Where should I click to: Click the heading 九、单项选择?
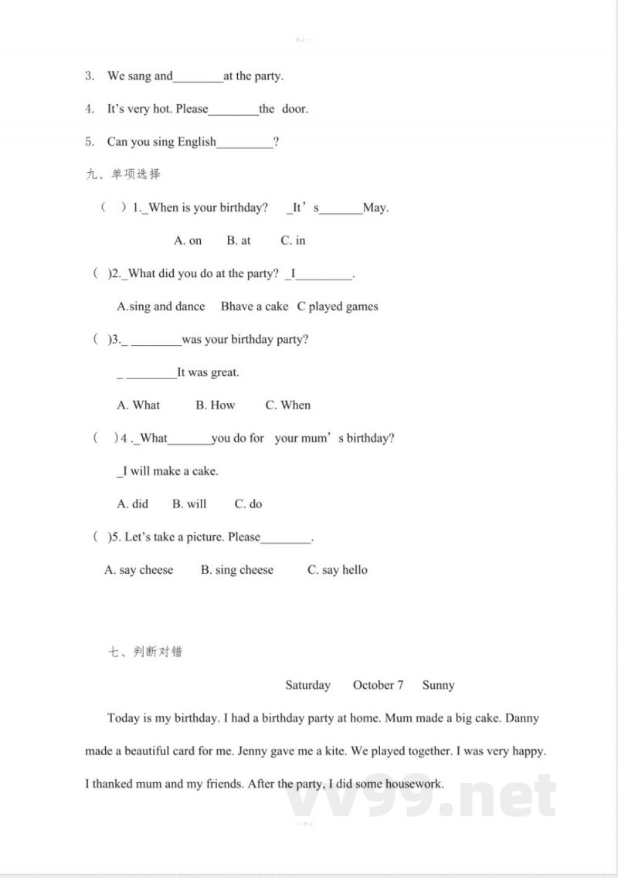pyautogui.click(x=124, y=175)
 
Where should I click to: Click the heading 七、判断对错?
pyautogui.click(x=146, y=652)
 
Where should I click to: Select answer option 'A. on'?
pyautogui.click(x=188, y=241)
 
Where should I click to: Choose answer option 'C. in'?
pyautogui.click(x=293, y=241)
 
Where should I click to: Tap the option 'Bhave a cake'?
pyautogui.click(x=254, y=307)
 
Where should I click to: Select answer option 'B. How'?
pyautogui.click(x=215, y=405)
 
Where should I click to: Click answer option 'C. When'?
pyautogui.click(x=287, y=405)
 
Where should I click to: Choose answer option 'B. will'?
pyautogui.click(x=189, y=504)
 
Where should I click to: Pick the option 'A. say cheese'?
pyautogui.click(x=139, y=571)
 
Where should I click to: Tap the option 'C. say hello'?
pyautogui.click(x=338, y=571)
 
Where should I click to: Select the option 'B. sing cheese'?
pyautogui.click(x=237, y=571)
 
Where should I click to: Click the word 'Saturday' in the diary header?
pyautogui.click(x=307, y=686)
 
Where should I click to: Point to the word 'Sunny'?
pyautogui.click(x=438, y=686)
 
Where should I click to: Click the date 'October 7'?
pyautogui.click(x=378, y=686)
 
